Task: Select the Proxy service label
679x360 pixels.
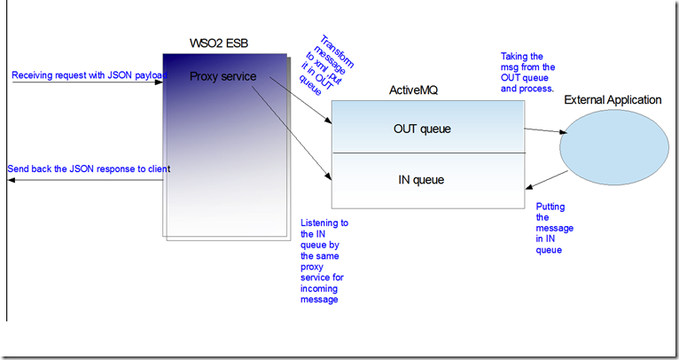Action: tap(223, 76)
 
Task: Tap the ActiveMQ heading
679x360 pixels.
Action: tap(415, 90)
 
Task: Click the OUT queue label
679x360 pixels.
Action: tap(422, 129)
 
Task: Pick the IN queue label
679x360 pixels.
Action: tap(421, 180)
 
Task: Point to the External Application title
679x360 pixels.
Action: tap(613, 99)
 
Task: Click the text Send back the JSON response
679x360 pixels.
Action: tap(89, 168)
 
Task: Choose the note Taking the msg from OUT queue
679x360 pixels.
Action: tap(527, 72)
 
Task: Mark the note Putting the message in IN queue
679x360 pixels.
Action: tap(555, 228)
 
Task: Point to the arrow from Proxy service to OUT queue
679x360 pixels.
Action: tap(297, 98)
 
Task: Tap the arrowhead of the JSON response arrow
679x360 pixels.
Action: tap(11, 180)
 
